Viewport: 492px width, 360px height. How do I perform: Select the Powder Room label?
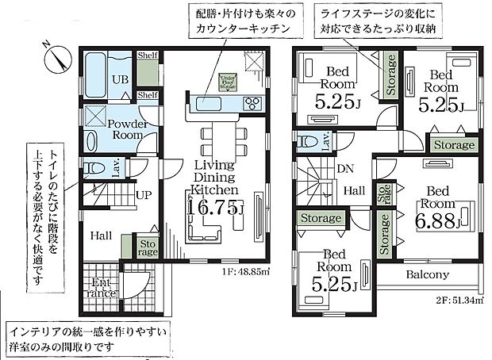[125, 129]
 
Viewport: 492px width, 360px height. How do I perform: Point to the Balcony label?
[427, 275]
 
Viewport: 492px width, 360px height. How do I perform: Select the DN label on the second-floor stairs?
[344, 170]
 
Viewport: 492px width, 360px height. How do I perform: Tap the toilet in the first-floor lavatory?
[96, 169]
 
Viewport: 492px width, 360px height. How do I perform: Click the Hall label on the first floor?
[100, 235]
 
